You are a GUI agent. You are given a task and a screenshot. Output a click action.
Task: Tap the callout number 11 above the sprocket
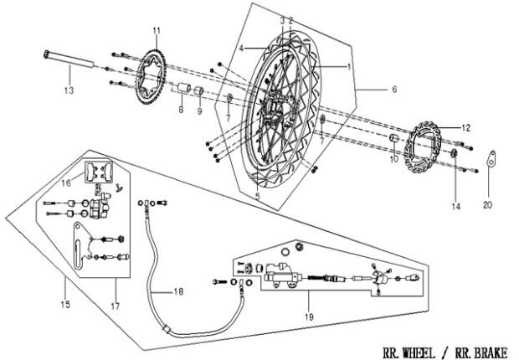(156, 31)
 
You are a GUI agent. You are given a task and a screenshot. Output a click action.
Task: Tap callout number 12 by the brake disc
(466, 128)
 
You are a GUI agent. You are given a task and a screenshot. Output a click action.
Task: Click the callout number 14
(455, 206)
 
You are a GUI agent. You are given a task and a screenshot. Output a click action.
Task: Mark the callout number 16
(64, 180)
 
